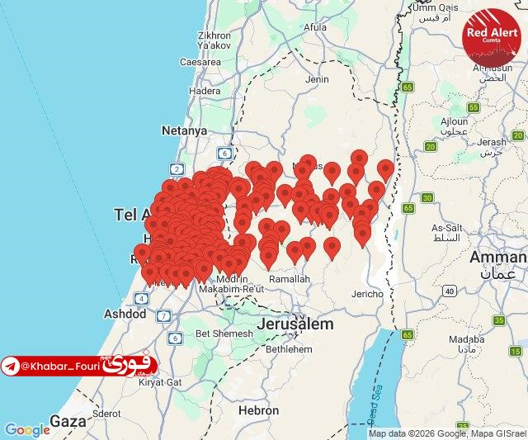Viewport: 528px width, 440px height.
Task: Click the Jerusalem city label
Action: tap(295, 324)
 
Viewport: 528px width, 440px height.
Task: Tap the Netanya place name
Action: tap(184, 130)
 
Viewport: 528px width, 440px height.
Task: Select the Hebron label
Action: tap(258, 410)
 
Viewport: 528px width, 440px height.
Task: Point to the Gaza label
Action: tap(68, 421)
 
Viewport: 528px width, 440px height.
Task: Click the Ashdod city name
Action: tap(125, 314)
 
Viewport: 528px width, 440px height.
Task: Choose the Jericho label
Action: tap(367, 294)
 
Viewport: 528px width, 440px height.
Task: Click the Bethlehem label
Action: tap(290, 349)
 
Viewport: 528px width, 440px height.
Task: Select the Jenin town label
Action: tap(317, 79)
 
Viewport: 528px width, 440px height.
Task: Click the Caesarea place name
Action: tap(200, 61)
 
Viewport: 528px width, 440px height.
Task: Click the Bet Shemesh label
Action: tap(224, 334)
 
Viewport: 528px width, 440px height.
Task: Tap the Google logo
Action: tap(27, 430)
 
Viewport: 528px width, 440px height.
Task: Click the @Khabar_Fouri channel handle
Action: tap(59, 365)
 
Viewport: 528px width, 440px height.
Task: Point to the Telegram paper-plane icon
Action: tap(11, 366)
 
